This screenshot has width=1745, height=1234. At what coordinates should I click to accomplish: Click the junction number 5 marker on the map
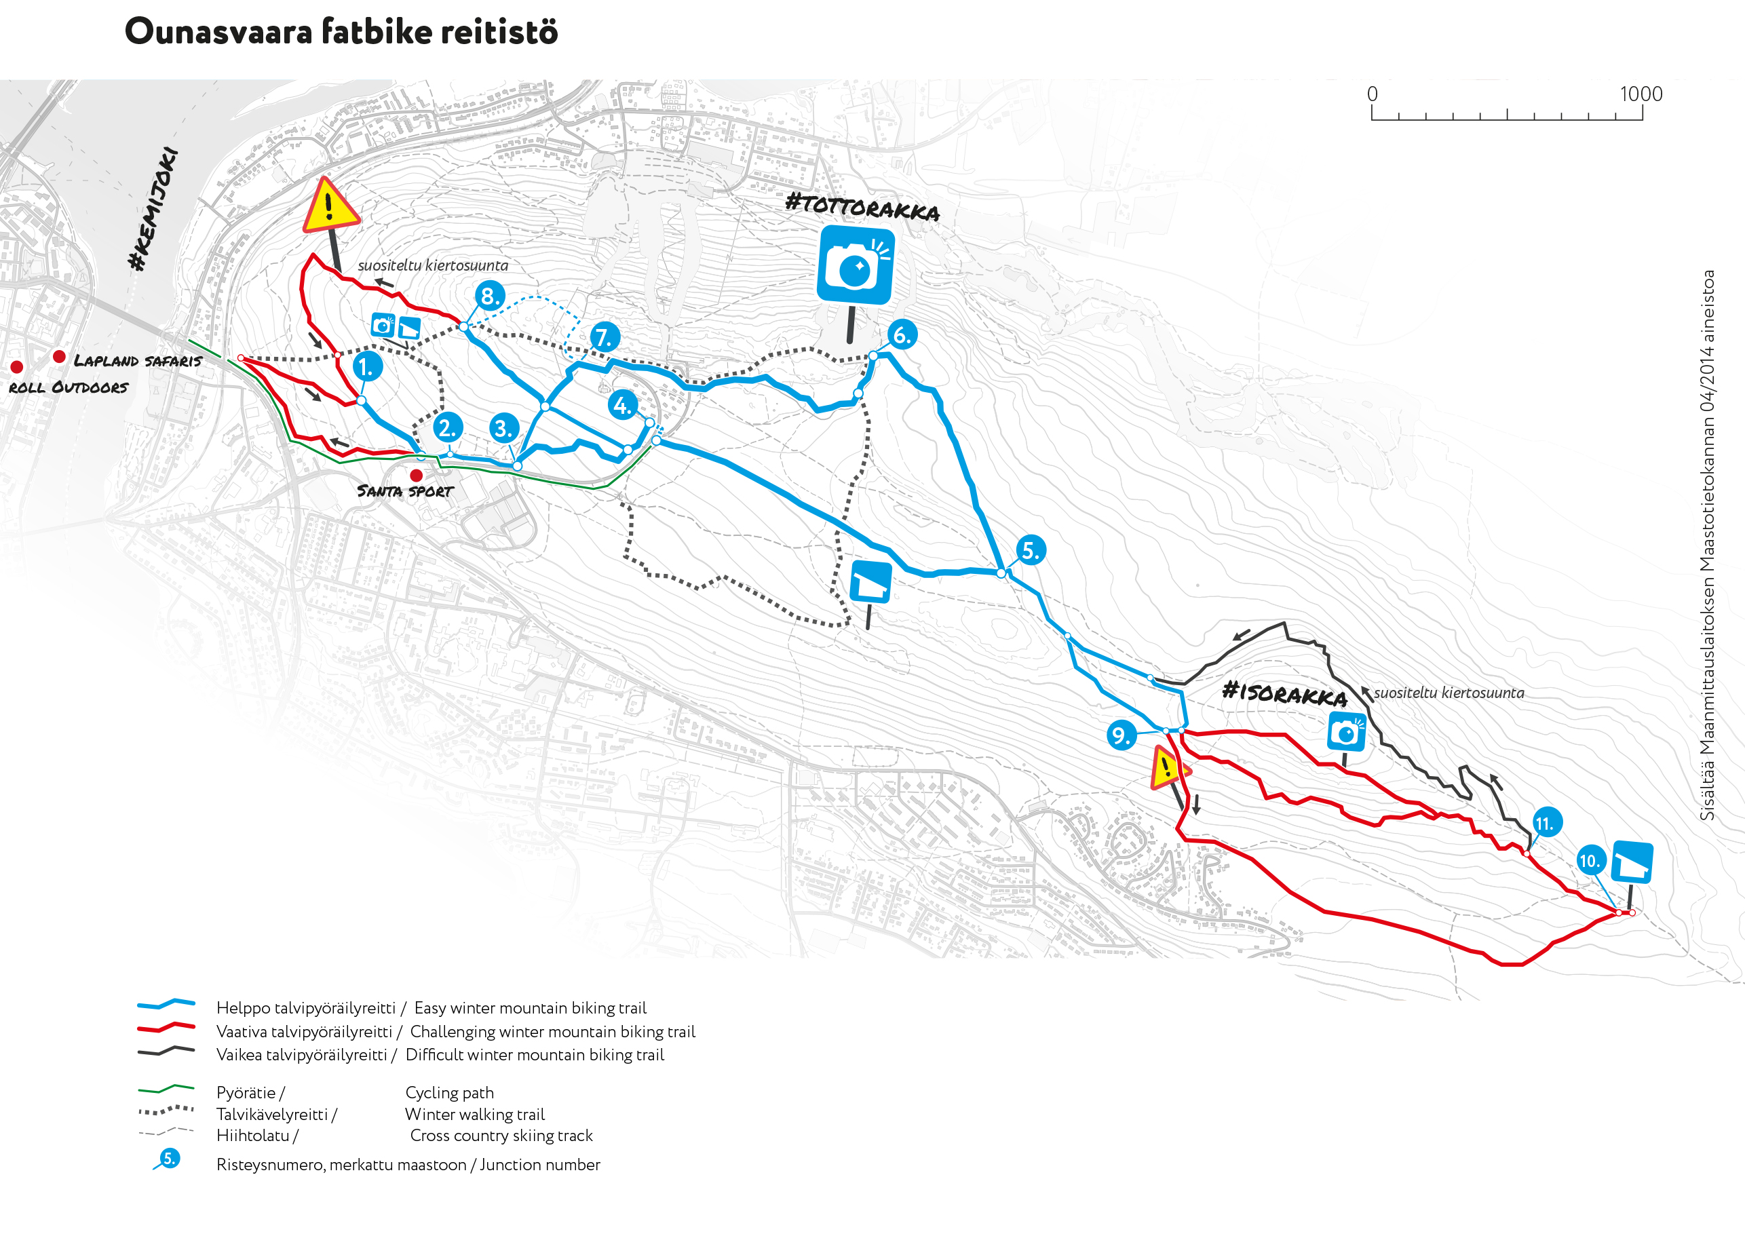click(x=1031, y=550)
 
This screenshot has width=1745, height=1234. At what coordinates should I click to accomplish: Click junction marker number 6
click(x=902, y=334)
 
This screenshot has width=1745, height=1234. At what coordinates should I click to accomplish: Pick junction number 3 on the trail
click(x=504, y=429)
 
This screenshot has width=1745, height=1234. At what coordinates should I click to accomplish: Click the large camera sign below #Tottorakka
click(x=856, y=265)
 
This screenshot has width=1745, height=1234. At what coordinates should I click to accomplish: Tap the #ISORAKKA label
click(x=1284, y=693)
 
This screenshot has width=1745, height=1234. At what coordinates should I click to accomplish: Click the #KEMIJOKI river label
click(x=153, y=209)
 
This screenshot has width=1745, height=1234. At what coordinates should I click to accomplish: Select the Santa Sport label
click(x=405, y=492)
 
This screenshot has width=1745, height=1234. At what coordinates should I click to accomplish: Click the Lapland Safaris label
click(x=138, y=361)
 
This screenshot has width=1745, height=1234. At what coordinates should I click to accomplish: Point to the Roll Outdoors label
click(x=69, y=387)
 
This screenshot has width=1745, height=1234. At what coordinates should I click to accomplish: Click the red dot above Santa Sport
click(x=417, y=476)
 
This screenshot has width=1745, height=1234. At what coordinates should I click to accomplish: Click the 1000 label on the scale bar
click(x=1641, y=94)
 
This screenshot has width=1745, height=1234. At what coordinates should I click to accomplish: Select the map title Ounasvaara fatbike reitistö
click(x=341, y=32)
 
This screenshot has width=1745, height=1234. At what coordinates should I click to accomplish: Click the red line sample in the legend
click(x=166, y=1027)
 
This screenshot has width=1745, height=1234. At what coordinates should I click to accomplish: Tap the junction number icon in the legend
click(x=169, y=1159)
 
